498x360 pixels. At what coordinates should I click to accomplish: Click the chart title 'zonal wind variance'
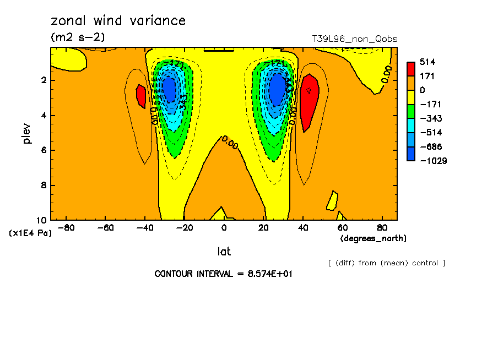point(118,21)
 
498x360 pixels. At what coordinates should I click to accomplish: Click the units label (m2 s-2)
point(78,37)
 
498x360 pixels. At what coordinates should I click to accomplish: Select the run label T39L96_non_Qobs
point(354,39)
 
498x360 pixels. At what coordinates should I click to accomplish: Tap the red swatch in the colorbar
point(411,69)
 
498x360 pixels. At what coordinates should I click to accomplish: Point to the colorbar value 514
point(427,62)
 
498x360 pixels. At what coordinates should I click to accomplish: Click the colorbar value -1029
point(432,161)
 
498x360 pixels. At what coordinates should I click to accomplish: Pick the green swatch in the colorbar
point(411,111)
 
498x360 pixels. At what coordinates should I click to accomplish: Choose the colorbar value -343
point(430,118)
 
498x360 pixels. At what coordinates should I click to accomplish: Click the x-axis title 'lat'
point(224,252)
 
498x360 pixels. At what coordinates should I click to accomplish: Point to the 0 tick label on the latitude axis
point(224,227)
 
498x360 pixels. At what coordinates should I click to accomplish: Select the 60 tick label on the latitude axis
point(342,227)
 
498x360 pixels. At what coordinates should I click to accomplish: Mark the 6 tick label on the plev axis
point(43,150)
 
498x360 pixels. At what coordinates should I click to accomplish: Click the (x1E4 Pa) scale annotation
point(30,233)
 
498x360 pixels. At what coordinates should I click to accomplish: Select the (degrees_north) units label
point(373,238)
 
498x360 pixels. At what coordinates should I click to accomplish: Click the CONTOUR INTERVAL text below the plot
point(223,274)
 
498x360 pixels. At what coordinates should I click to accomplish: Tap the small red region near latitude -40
point(140,96)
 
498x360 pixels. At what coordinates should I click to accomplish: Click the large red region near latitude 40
point(308,102)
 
